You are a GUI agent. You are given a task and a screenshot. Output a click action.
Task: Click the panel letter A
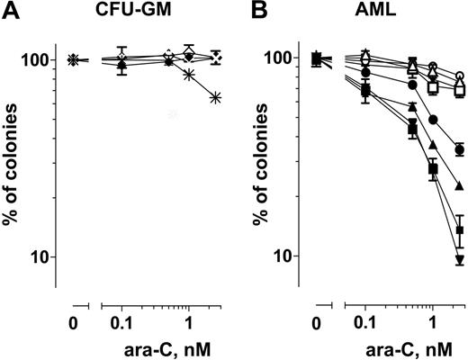coord(8,10)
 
